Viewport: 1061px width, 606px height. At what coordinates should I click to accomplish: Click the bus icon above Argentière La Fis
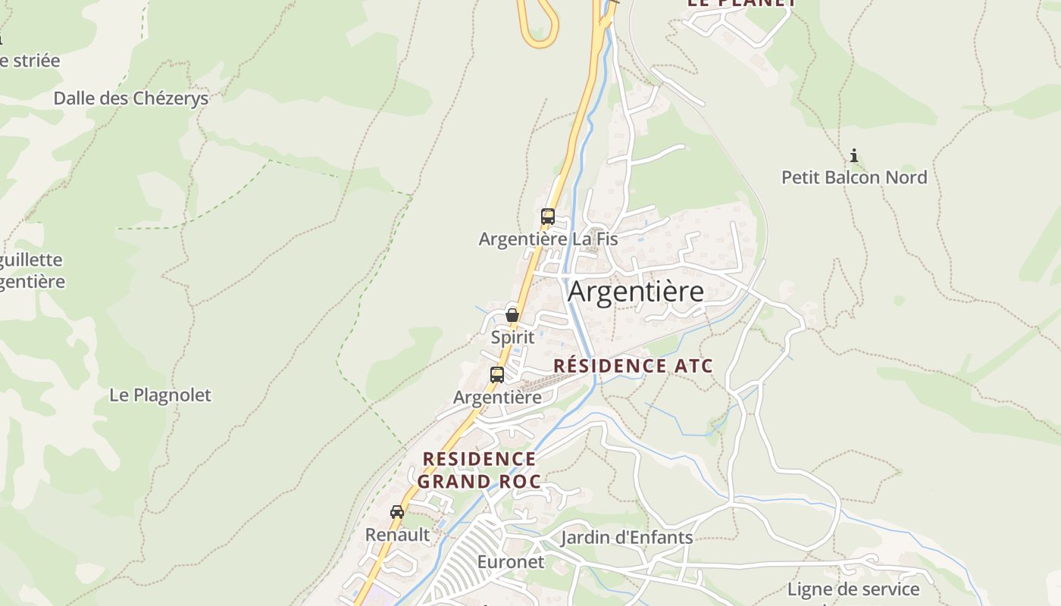(548, 217)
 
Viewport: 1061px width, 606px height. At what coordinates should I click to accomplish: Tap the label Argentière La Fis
(548, 239)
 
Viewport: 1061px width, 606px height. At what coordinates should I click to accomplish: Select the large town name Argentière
(636, 291)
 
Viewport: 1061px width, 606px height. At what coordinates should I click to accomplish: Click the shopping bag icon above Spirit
(512, 314)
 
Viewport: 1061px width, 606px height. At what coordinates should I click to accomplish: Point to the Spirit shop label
(512, 337)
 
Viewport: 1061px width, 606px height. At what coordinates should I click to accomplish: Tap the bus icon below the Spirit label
(497, 374)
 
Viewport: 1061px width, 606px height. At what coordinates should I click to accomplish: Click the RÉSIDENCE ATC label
(633, 366)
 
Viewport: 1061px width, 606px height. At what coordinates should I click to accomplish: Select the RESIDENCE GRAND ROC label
(479, 470)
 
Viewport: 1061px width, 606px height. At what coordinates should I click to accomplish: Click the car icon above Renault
(397, 512)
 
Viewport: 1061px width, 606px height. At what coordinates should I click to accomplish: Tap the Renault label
(397, 535)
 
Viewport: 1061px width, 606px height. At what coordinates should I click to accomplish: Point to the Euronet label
(511, 562)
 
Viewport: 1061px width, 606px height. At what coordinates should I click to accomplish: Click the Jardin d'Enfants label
(627, 538)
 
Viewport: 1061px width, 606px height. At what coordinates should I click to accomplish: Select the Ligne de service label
(853, 589)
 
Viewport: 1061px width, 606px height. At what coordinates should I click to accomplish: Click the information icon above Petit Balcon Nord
(854, 156)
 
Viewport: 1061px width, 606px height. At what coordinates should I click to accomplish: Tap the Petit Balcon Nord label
(854, 177)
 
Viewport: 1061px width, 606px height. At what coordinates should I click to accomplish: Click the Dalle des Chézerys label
(130, 98)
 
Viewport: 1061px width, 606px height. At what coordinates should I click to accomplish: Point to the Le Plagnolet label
(160, 395)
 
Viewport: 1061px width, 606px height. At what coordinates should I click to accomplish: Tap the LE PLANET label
(741, 3)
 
